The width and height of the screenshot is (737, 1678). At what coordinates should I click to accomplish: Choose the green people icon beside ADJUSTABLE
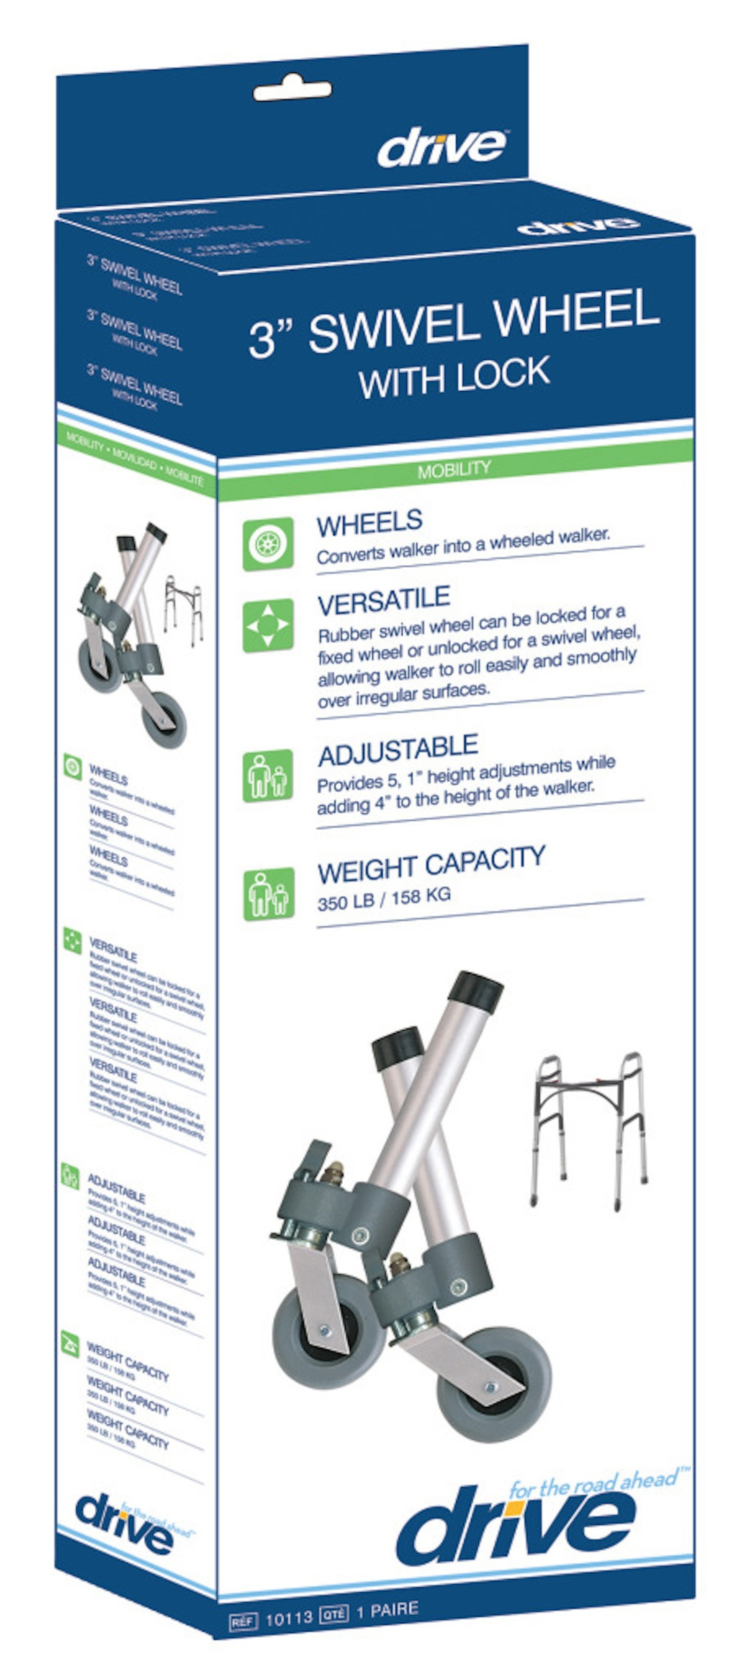[x=268, y=776]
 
